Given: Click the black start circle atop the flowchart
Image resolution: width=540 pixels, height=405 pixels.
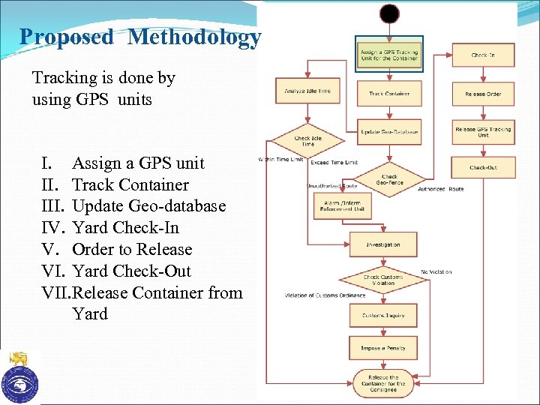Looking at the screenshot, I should [x=389, y=13].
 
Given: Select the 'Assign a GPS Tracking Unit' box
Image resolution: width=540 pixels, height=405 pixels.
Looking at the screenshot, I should [x=388, y=55].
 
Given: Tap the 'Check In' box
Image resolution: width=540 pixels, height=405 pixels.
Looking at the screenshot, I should [x=482, y=55].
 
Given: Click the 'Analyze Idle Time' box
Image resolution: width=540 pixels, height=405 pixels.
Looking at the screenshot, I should [x=307, y=91].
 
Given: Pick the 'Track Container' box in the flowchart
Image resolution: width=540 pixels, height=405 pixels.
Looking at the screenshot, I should [x=388, y=94].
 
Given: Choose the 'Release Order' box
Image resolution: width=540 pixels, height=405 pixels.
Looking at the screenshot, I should [x=482, y=94].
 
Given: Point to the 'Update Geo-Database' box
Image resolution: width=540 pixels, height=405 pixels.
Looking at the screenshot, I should [x=388, y=131].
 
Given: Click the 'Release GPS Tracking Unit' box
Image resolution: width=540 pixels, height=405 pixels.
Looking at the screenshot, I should [x=482, y=131].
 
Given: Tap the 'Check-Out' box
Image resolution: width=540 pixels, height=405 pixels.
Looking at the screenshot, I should [x=482, y=167].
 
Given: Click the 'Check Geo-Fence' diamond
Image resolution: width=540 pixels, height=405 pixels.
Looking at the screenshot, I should [x=389, y=180].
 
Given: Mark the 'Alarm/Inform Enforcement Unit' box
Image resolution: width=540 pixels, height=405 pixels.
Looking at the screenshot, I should [x=342, y=205].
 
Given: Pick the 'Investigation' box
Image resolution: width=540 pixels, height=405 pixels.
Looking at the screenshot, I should [x=383, y=244].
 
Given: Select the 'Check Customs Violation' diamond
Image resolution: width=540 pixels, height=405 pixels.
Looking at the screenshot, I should [x=383, y=280].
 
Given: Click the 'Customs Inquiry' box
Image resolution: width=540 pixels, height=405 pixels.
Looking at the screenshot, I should [x=383, y=316].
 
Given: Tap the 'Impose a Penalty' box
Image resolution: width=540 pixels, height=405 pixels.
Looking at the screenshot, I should [x=383, y=348].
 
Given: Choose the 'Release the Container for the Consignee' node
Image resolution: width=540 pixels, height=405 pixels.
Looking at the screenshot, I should [x=383, y=383].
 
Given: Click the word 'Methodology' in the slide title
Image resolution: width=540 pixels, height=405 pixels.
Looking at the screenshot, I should [x=194, y=37].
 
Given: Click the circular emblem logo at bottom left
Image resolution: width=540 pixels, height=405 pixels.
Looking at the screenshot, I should [x=19, y=382].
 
